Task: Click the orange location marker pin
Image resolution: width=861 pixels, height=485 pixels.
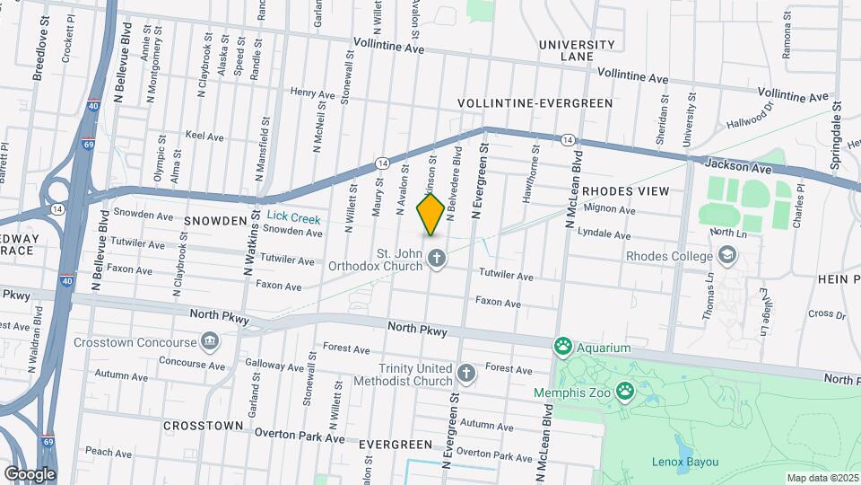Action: point(430,214)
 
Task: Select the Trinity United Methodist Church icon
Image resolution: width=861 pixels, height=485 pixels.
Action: point(465,373)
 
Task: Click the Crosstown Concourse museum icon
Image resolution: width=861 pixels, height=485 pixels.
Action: point(210,341)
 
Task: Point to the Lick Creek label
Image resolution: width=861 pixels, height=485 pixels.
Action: point(292,218)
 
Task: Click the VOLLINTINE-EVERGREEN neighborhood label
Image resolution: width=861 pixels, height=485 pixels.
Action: point(535,103)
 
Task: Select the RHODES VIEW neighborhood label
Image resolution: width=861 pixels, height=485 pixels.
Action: point(625,191)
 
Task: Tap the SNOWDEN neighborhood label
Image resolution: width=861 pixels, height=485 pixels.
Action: point(215,220)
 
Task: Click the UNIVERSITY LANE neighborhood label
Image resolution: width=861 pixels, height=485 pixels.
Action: point(577,50)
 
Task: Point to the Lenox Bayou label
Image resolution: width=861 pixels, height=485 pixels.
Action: point(685,463)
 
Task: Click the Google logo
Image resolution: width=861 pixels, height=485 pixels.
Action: point(30,473)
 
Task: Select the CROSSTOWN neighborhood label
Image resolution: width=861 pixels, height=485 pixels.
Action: point(203,425)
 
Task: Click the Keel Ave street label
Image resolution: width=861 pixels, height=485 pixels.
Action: point(204,137)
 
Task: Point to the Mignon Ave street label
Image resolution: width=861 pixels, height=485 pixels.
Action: point(609,210)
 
